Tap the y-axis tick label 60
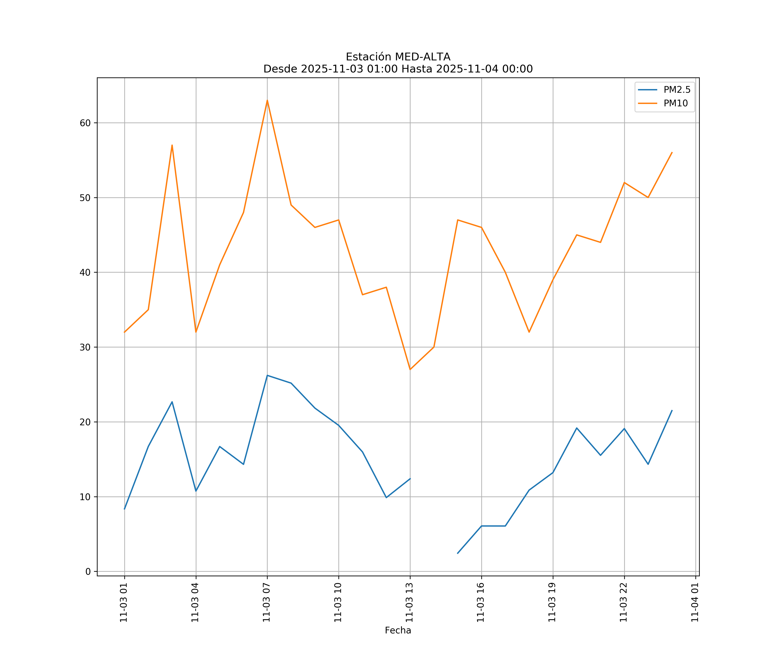[85, 123]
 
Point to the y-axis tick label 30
[85, 347]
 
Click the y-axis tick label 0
[88, 572]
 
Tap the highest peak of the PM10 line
[267, 100]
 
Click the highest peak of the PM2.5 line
[267, 375]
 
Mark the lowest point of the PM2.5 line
[458, 553]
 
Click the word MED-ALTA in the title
[423, 57]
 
